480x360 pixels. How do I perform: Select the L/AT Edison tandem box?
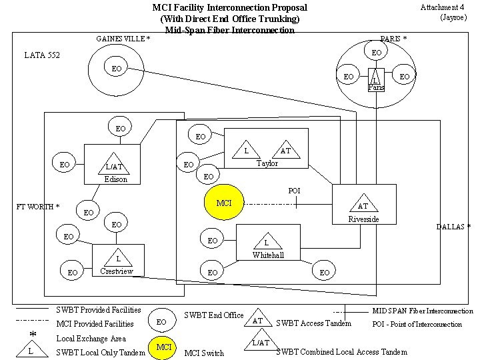click(x=113, y=163)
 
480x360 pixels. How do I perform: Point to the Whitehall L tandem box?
click(x=266, y=241)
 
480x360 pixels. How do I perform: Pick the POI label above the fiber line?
click(x=294, y=191)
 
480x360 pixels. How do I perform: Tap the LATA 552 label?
click(x=41, y=55)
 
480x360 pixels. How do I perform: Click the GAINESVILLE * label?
click(x=123, y=39)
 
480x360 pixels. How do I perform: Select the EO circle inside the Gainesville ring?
click(x=117, y=68)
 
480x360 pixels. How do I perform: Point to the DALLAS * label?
click(x=453, y=227)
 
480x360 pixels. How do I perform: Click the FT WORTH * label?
click(x=37, y=207)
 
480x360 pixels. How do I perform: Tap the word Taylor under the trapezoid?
click(x=267, y=163)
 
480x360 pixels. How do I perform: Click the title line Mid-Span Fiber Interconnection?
click(x=229, y=30)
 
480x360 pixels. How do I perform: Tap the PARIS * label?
click(x=393, y=39)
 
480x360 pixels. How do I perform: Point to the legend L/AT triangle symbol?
click(x=261, y=343)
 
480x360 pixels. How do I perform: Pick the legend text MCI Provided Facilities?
click(x=96, y=324)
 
